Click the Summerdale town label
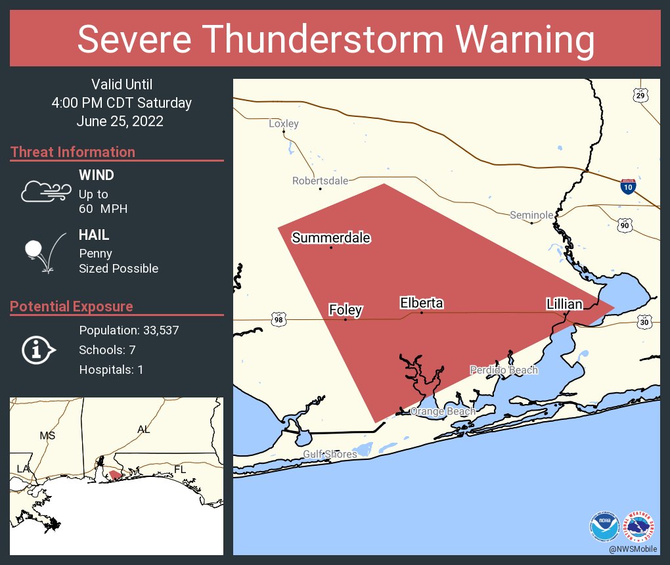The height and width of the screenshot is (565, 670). coord(331,238)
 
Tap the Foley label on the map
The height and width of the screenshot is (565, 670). coord(346,310)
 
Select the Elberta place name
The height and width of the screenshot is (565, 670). coord(421,303)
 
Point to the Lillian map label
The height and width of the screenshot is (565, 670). coord(564,304)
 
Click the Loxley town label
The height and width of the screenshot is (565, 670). coord(284,124)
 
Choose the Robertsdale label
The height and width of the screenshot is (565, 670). coord(321,181)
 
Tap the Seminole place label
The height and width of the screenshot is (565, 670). coord(531,215)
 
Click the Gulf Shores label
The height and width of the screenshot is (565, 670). coord(330,454)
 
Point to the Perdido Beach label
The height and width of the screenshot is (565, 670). coord(504,370)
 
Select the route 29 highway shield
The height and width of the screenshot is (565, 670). coord(640,97)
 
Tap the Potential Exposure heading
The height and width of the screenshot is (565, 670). coord(72,306)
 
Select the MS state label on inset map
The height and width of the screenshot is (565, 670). coord(47,436)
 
